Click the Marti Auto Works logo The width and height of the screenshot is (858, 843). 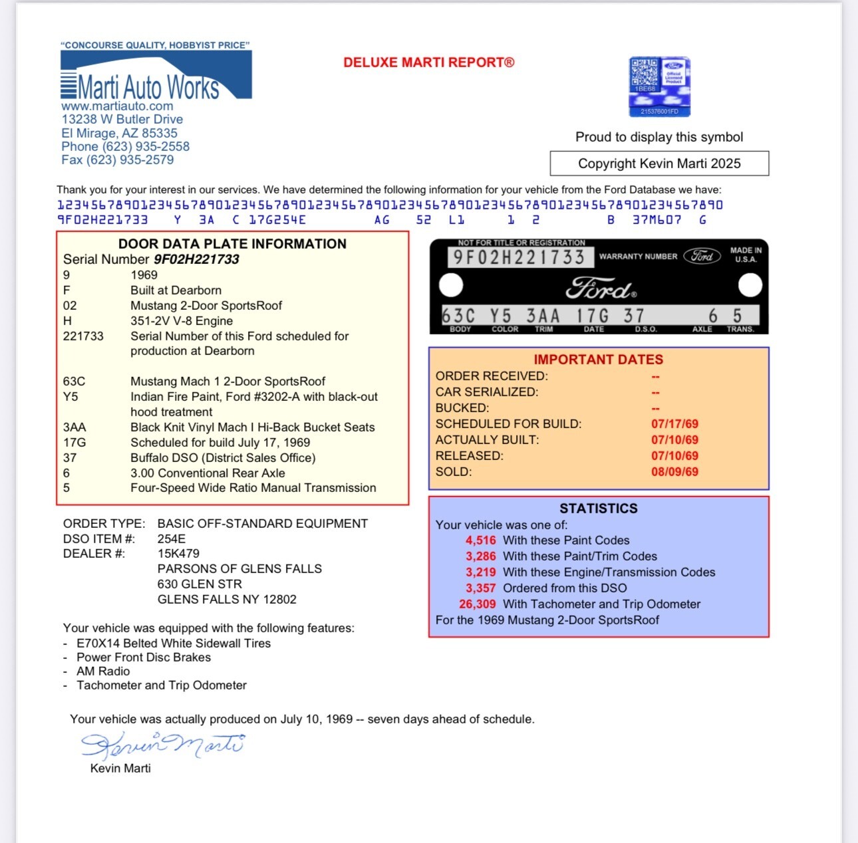click(x=156, y=77)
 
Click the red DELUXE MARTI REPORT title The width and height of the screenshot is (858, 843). click(x=429, y=62)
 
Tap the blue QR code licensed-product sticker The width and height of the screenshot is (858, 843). click(x=659, y=86)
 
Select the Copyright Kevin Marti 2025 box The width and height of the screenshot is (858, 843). click(x=659, y=164)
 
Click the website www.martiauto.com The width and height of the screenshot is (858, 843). click(x=117, y=106)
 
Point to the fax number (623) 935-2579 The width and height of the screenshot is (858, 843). click(x=118, y=160)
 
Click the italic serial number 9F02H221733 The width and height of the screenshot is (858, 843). click(x=196, y=259)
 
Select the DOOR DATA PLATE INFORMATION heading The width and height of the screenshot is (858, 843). click(x=232, y=244)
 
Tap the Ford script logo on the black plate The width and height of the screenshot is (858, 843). click(x=601, y=289)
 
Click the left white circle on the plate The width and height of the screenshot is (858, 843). click(x=451, y=286)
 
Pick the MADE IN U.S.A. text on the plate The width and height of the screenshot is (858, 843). click(x=746, y=255)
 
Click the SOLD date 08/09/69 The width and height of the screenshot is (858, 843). click(x=674, y=472)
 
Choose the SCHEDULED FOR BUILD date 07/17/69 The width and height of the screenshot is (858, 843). click(x=674, y=424)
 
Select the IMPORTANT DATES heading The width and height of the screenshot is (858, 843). click(x=598, y=360)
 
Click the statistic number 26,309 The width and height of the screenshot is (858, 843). click(x=477, y=604)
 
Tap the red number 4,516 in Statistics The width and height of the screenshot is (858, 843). click(x=480, y=541)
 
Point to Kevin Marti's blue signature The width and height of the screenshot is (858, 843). click(x=162, y=745)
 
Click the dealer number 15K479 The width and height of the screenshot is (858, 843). click(x=178, y=554)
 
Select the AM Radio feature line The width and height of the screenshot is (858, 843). click(x=103, y=671)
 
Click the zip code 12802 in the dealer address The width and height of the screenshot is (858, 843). click(x=279, y=600)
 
